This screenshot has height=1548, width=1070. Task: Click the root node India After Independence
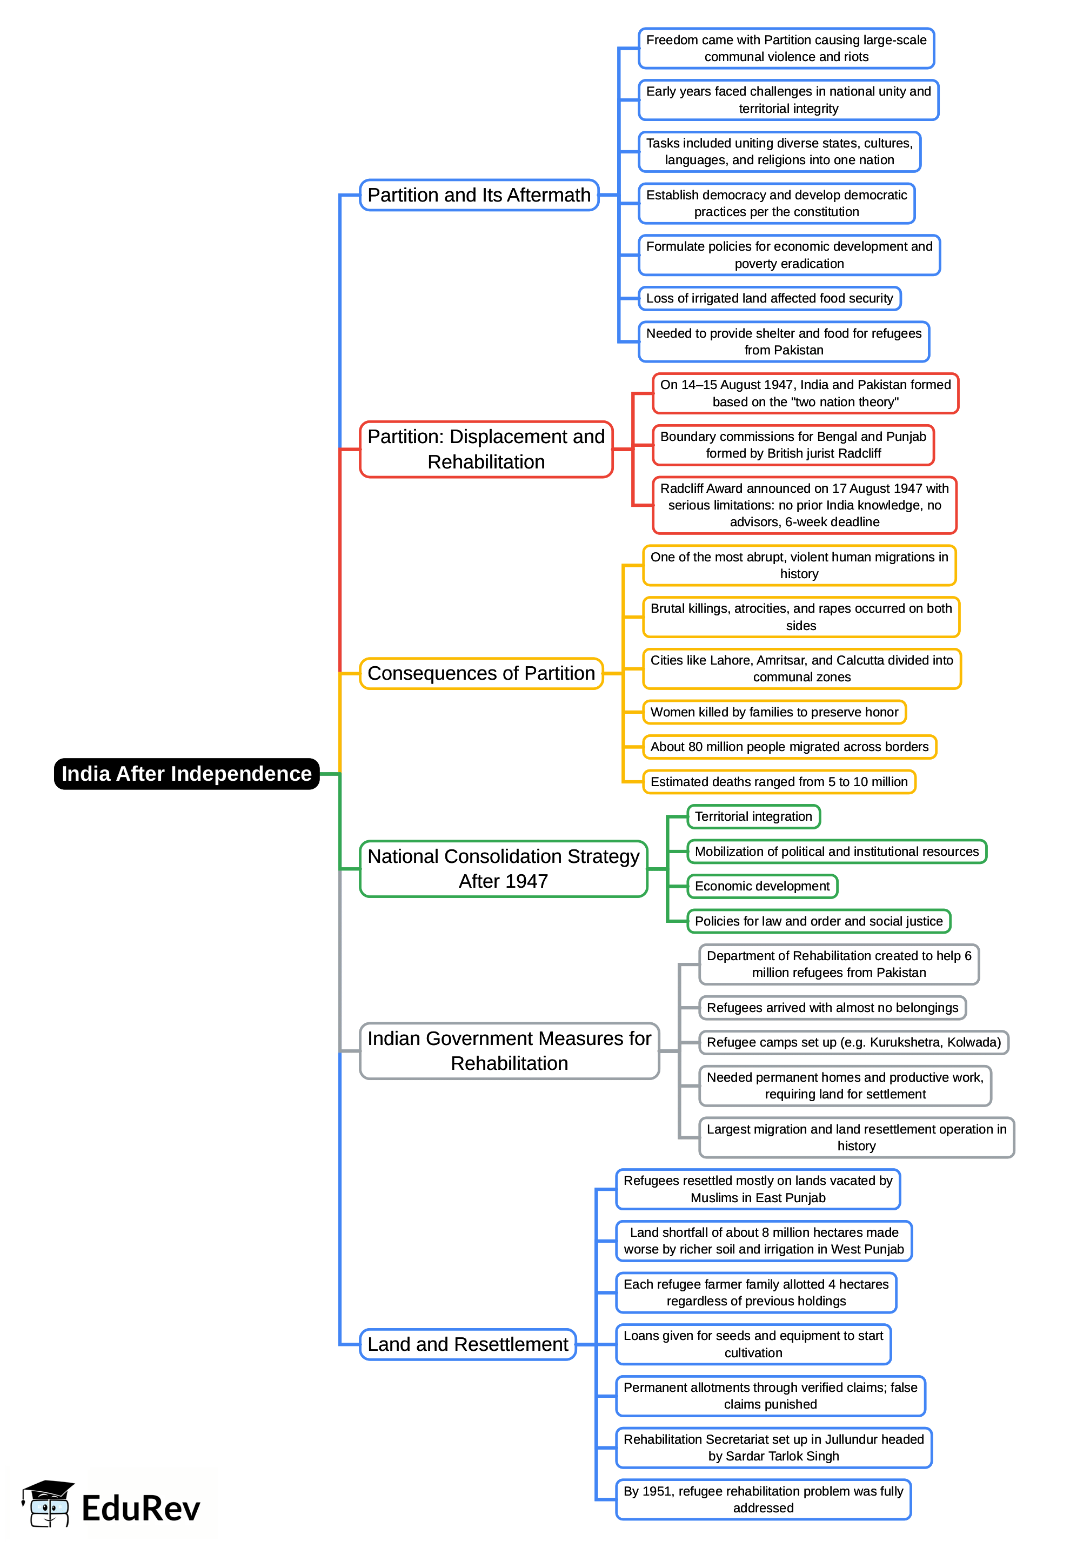tap(186, 773)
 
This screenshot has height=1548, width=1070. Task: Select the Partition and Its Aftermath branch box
tap(479, 195)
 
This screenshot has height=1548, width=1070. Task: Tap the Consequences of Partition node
tap(481, 673)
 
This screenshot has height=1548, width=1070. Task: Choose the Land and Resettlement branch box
tap(467, 1344)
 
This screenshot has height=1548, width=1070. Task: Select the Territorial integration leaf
tap(753, 816)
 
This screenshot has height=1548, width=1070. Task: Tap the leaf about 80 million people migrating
tap(789, 747)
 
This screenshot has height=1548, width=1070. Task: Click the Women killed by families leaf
tap(774, 712)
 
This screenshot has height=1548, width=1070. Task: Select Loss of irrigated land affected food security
tap(769, 298)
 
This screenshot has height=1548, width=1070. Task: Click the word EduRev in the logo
tap(141, 1509)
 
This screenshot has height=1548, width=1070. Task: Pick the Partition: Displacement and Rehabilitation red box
tap(485, 449)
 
